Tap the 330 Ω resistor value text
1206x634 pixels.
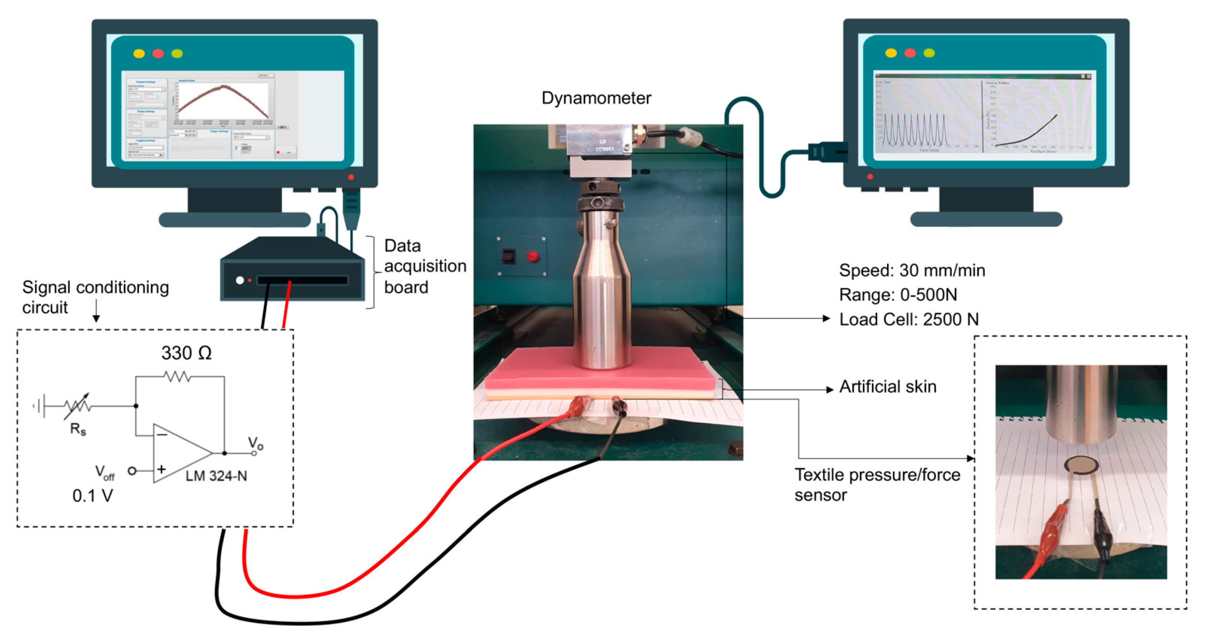pos(186,353)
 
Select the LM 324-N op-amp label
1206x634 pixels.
pos(216,476)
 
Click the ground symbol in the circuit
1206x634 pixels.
pos(40,405)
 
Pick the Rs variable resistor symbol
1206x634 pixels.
pos(78,406)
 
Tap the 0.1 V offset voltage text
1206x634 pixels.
pos(92,495)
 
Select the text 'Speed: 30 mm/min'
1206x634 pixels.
pos(911,271)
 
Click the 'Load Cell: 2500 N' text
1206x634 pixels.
pos(908,319)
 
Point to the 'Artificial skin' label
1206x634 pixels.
pos(888,387)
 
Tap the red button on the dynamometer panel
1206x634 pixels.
pos(533,257)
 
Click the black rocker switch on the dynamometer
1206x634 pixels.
pos(508,257)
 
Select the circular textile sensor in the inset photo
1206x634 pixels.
pos(1081,465)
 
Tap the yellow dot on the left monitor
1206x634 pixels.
pos(139,53)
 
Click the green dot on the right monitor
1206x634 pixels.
pos(929,53)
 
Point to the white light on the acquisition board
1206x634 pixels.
pos(240,280)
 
